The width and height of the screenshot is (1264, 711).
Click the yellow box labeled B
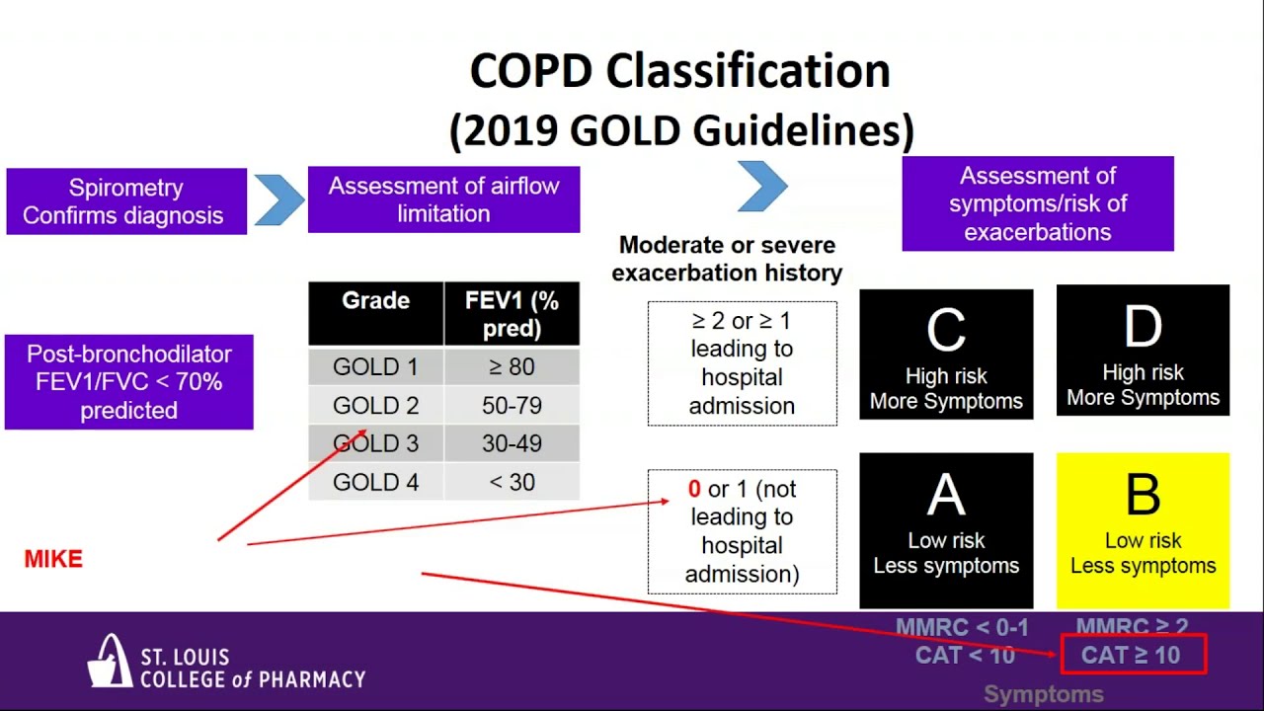[x=1143, y=531]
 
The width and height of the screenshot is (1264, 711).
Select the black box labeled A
[x=946, y=531]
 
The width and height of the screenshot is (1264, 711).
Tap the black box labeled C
[x=946, y=355]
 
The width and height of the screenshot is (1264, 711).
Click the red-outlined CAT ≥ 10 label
[x=1133, y=656]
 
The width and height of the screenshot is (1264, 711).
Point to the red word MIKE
[x=53, y=559]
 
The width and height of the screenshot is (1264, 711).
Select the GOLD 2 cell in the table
[x=375, y=406]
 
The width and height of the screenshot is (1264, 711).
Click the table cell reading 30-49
[x=512, y=444]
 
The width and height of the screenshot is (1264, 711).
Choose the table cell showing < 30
[x=512, y=483]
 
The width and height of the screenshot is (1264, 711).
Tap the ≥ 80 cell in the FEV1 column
[x=512, y=367]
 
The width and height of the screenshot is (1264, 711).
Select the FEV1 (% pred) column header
[x=512, y=314]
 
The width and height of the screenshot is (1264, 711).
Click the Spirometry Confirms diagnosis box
[x=125, y=201]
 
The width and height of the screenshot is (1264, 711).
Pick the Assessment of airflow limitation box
[x=443, y=199]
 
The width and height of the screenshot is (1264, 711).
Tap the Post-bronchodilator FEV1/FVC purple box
[x=128, y=382]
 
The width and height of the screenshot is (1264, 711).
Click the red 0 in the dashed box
[x=694, y=490]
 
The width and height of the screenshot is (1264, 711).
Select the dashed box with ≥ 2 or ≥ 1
[x=742, y=363]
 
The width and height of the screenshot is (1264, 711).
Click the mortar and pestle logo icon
[x=111, y=661]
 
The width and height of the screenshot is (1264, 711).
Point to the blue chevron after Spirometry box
[x=279, y=200]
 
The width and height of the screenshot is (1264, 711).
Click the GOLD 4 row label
[x=375, y=483]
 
